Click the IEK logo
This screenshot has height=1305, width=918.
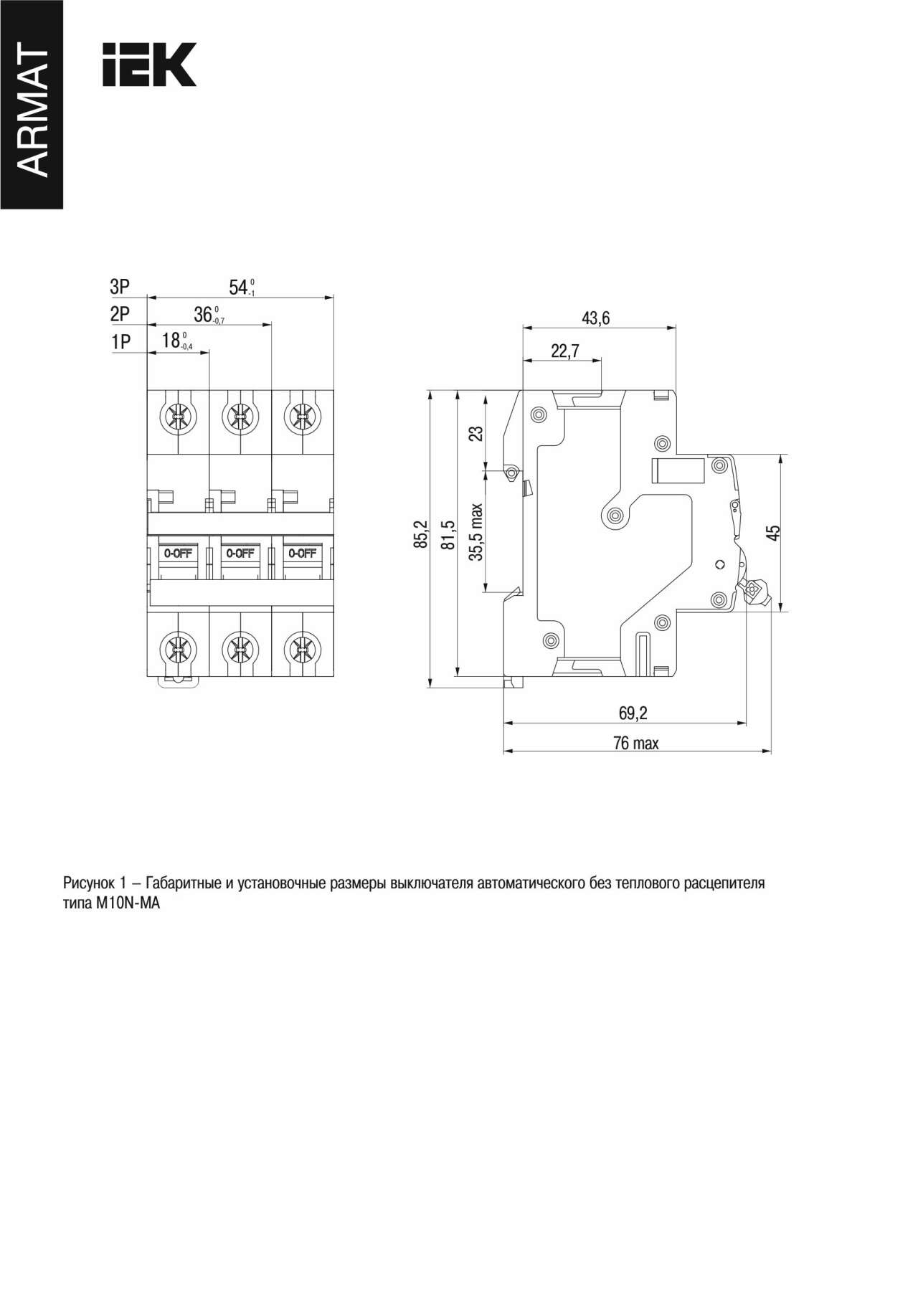click(x=149, y=65)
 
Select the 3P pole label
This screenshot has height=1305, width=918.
click(x=120, y=287)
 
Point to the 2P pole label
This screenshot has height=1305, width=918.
click(x=120, y=314)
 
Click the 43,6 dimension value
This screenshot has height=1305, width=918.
click(x=595, y=318)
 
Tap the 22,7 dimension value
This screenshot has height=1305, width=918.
click(x=565, y=351)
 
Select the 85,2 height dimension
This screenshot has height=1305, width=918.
click(x=421, y=534)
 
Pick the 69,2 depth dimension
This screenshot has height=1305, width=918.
click(x=633, y=713)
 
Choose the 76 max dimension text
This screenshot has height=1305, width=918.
click(x=635, y=743)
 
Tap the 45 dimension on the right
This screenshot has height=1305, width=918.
click(x=773, y=532)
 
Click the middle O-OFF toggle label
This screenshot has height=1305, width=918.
click(x=240, y=553)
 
